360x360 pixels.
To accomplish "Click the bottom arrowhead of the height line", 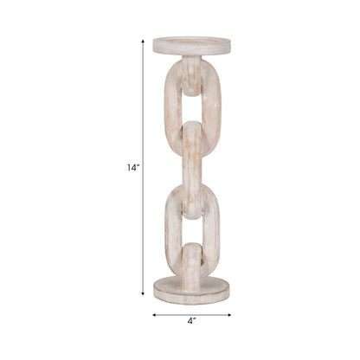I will pyautogui.click(x=143, y=294).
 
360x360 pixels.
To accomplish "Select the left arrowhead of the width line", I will pyautogui.click(x=156, y=315).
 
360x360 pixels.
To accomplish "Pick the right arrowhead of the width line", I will pyautogui.click(x=228, y=315).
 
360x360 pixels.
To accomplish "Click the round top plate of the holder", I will pyautogui.click(x=191, y=45).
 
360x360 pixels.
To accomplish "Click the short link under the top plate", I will pyautogui.click(x=191, y=74).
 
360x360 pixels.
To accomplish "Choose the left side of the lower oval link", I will pyautogui.click(x=171, y=229).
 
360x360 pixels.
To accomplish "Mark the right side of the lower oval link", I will pyautogui.click(x=212, y=229).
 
